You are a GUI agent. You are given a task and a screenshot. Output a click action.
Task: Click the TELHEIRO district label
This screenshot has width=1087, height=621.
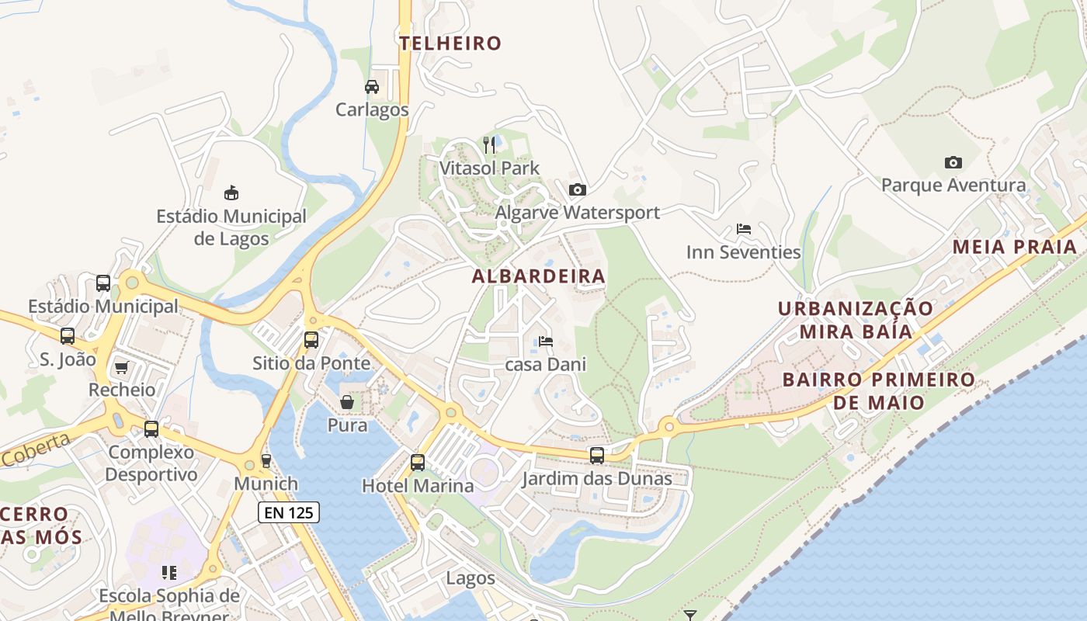coord(450,43)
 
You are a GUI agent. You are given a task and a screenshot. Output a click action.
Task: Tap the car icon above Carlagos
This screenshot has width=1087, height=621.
coord(372,87)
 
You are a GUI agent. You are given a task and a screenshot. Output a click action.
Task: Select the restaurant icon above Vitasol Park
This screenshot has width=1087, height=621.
coord(489,144)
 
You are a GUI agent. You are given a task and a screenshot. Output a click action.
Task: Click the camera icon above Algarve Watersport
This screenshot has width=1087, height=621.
coord(577,189)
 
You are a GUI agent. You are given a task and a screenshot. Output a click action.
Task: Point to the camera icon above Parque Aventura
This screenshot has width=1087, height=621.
coord(953,162)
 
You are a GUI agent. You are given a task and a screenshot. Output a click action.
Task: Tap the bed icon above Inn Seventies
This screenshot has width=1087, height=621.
coord(743,229)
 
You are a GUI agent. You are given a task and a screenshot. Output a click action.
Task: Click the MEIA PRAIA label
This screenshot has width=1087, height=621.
coord(1014,248)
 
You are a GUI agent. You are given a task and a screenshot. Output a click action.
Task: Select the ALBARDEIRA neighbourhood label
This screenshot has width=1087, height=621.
coord(538,276)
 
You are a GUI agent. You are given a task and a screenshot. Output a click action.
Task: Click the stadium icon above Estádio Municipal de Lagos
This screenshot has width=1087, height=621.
coord(231,193)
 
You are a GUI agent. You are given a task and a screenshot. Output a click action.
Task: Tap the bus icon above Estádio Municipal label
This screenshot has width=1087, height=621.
coord(103,283)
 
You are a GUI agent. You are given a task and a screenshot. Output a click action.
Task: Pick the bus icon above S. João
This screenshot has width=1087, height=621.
coord(68,336)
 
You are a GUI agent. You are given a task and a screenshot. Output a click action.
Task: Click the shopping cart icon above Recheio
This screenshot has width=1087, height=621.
coord(121,366)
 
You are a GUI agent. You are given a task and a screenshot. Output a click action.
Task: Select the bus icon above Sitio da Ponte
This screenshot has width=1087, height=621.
coord(311,339)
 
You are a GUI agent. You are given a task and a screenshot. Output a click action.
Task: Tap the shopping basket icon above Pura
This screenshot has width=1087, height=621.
coord(347,402)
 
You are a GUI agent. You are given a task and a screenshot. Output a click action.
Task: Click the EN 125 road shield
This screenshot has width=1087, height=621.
coord(288,512)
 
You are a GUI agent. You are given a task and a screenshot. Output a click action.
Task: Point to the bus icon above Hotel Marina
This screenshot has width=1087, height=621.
coord(418,463)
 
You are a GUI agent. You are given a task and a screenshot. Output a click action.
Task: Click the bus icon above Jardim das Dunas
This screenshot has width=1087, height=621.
coord(596,456)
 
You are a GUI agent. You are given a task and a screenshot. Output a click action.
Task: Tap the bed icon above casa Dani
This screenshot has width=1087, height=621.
coord(546,342)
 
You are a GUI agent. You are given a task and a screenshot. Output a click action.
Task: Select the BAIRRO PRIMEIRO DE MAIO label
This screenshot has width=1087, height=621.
coord(879,391)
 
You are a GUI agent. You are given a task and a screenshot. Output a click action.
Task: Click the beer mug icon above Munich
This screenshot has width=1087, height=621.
coord(266,460)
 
